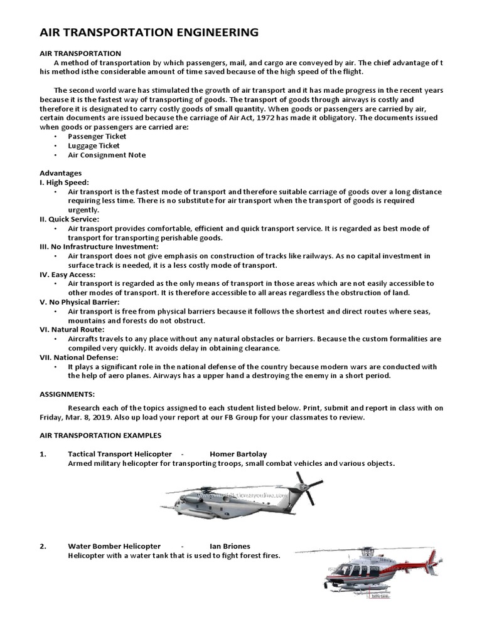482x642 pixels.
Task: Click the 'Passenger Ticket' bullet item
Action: click(x=97, y=136)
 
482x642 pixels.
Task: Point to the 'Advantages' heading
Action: click(x=60, y=173)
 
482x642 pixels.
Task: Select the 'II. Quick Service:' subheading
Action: click(x=69, y=219)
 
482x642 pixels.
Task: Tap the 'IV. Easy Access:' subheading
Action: click(x=67, y=275)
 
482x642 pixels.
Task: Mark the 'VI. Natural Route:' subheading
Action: click(x=72, y=329)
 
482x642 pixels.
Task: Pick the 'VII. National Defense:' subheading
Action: click(x=77, y=357)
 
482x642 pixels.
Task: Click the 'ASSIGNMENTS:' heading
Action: click(x=67, y=394)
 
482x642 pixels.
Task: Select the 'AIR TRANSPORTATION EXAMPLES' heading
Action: click(x=100, y=435)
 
